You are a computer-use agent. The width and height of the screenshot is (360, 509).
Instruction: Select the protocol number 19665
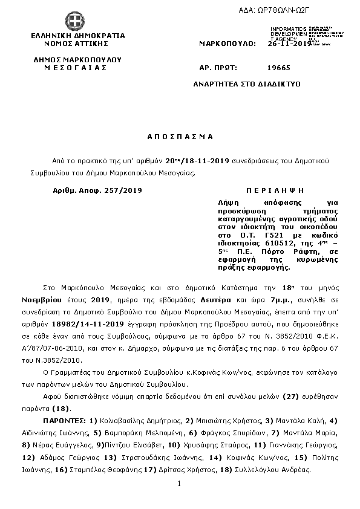click(x=278, y=68)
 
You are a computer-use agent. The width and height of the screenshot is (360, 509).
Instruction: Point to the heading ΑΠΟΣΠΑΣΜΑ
click(x=181, y=137)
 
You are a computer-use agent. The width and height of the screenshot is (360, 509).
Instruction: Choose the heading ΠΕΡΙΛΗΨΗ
click(x=270, y=189)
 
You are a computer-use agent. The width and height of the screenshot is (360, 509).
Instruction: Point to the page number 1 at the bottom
click(x=180, y=484)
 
